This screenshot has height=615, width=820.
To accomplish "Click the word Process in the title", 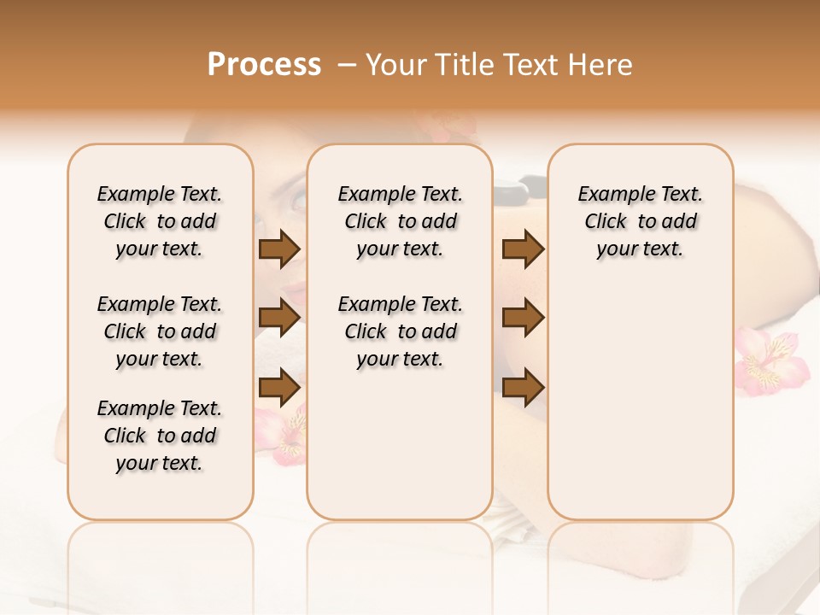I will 264,65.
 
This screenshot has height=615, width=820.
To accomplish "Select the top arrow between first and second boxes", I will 279,249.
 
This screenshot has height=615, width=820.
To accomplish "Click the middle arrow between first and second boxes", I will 279,318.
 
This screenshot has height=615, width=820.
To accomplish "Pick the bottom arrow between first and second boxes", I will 279,388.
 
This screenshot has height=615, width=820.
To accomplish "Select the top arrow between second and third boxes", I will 524,249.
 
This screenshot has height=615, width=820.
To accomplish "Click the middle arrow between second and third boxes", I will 524,318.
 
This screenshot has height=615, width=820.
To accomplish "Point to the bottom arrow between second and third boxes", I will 524,388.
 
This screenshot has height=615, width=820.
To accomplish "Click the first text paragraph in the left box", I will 160,221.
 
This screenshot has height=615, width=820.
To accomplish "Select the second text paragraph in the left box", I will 160,331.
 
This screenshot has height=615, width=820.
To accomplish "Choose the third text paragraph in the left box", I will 160,436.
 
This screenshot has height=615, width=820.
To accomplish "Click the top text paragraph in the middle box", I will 400,221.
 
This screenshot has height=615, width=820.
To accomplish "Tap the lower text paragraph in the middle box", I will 400,331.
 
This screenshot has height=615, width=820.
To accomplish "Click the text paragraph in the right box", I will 640,221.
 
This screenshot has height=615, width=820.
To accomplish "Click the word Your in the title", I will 398,65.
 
